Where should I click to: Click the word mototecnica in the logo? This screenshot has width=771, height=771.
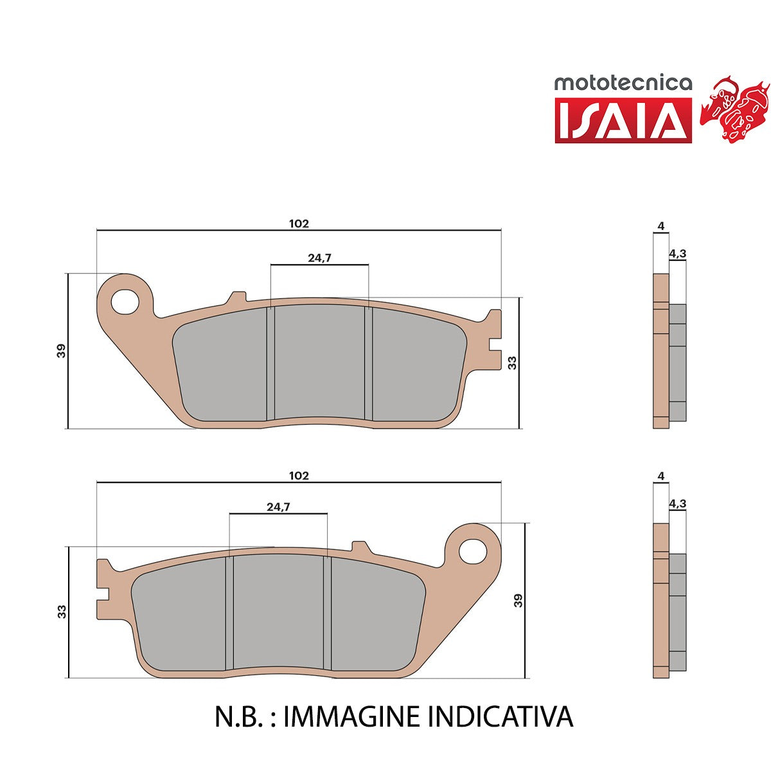[623, 84]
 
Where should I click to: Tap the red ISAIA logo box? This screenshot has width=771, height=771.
[623, 120]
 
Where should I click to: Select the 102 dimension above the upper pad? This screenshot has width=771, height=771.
[299, 224]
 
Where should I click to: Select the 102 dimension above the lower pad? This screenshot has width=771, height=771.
[299, 475]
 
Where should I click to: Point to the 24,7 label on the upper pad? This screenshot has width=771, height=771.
[319, 258]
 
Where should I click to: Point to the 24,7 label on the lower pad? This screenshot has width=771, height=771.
[278, 507]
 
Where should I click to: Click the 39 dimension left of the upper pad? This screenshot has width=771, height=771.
[61, 351]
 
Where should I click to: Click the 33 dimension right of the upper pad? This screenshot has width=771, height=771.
[511, 362]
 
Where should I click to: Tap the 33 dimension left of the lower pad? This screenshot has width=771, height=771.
[62, 612]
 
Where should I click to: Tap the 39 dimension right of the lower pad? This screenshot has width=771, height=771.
[518, 601]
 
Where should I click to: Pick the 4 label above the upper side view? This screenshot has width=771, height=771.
[660, 226]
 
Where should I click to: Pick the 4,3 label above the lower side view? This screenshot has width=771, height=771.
[677, 504]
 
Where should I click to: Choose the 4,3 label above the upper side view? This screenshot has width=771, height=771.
[677, 253]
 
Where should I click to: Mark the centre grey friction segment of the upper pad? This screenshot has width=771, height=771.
[319, 362]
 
